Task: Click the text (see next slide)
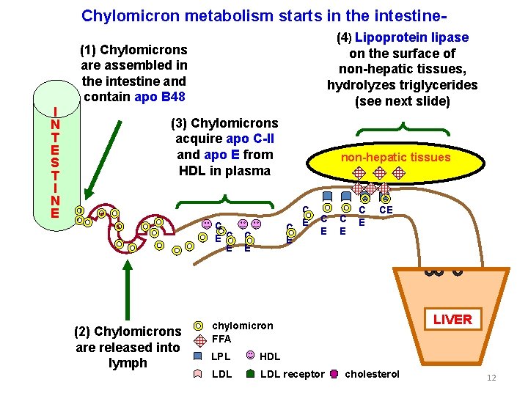pyautogui.click(x=402, y=101)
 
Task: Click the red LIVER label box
pyautogui.click(x=452, y=320)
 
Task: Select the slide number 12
pyautogui.click(x=491, y=378)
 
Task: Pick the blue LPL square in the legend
pyautogui.click(x=198, y=356)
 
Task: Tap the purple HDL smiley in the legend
pyautogui.click(x=251, y=356)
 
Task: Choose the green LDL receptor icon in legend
pyautogui.click(x=251, y=374)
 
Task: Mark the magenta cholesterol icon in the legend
pyautogui.click(x=334, y=374)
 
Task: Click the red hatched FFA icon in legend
pyautogui.click(x=198, y=340)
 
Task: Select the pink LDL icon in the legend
pyautogui.click(x=198, y=374)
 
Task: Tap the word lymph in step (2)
pyautogui.click(x=128, y=364)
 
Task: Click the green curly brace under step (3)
pyautogui.click(x=227, y=198)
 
